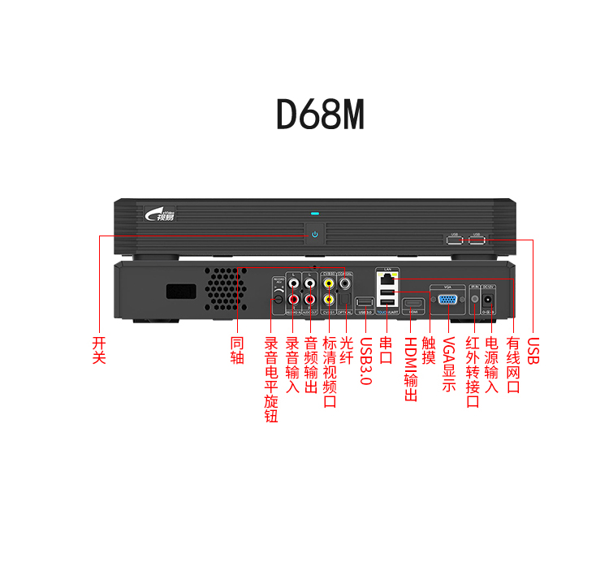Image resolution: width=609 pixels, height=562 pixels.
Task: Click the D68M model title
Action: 320,116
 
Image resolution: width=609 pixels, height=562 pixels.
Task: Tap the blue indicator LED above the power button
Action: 314,216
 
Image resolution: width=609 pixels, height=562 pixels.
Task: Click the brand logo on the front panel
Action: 159,214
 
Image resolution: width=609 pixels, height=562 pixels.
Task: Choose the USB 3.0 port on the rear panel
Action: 365,303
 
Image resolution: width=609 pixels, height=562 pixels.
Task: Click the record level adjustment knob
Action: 277,300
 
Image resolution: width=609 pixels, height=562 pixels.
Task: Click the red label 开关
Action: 99,350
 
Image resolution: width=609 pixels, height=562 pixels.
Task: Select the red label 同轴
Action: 237,350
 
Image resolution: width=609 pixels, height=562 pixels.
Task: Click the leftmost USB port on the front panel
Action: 453,240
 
